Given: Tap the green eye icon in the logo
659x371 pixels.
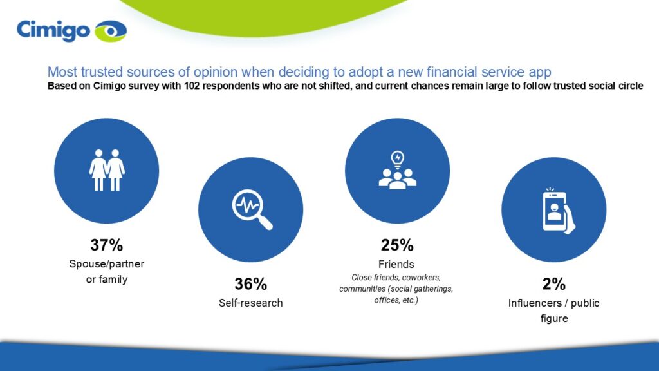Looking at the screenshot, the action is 111,31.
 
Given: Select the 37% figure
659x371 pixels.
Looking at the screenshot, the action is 107,245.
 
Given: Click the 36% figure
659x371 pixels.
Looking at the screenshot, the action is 250,284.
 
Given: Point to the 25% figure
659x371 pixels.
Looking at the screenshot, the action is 397,245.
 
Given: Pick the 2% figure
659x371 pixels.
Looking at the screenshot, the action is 554,284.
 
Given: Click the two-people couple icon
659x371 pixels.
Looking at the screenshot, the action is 107,170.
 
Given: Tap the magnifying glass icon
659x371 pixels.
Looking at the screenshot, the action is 252,209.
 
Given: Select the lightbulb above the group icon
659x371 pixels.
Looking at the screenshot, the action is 398,160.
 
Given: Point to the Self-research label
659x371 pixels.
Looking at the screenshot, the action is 250,303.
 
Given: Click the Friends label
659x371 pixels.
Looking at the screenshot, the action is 396,264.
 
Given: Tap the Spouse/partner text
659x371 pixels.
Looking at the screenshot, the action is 107,264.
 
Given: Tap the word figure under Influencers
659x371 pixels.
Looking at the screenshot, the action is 554,319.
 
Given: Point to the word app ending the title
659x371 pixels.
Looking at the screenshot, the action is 540,73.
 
